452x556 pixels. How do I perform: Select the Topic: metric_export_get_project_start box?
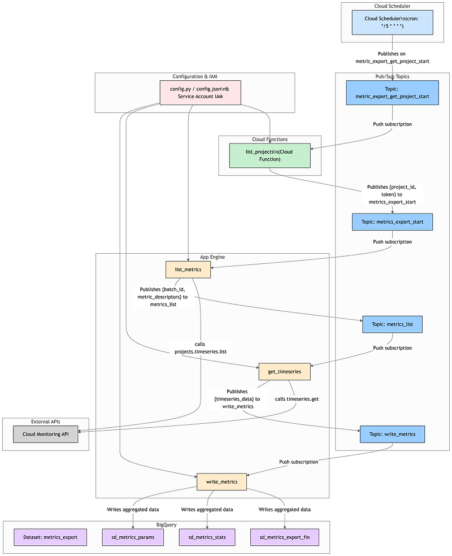392,92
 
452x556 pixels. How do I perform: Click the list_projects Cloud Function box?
270,155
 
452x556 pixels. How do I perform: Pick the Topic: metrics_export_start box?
392,222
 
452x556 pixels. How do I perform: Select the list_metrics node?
188,270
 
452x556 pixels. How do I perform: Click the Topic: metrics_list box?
392,324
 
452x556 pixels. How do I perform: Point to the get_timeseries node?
284,371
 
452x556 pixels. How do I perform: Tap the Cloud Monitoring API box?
46,434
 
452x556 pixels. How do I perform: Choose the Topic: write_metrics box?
392,434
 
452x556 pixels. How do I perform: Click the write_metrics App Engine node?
221,481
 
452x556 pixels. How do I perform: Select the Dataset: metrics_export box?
50,537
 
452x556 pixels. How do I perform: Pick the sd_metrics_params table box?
133,537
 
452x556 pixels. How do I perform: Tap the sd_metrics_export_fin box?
284,537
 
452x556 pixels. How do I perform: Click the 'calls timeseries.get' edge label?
297,399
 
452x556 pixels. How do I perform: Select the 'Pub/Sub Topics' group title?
392,76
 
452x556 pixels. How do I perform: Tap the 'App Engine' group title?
212,257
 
